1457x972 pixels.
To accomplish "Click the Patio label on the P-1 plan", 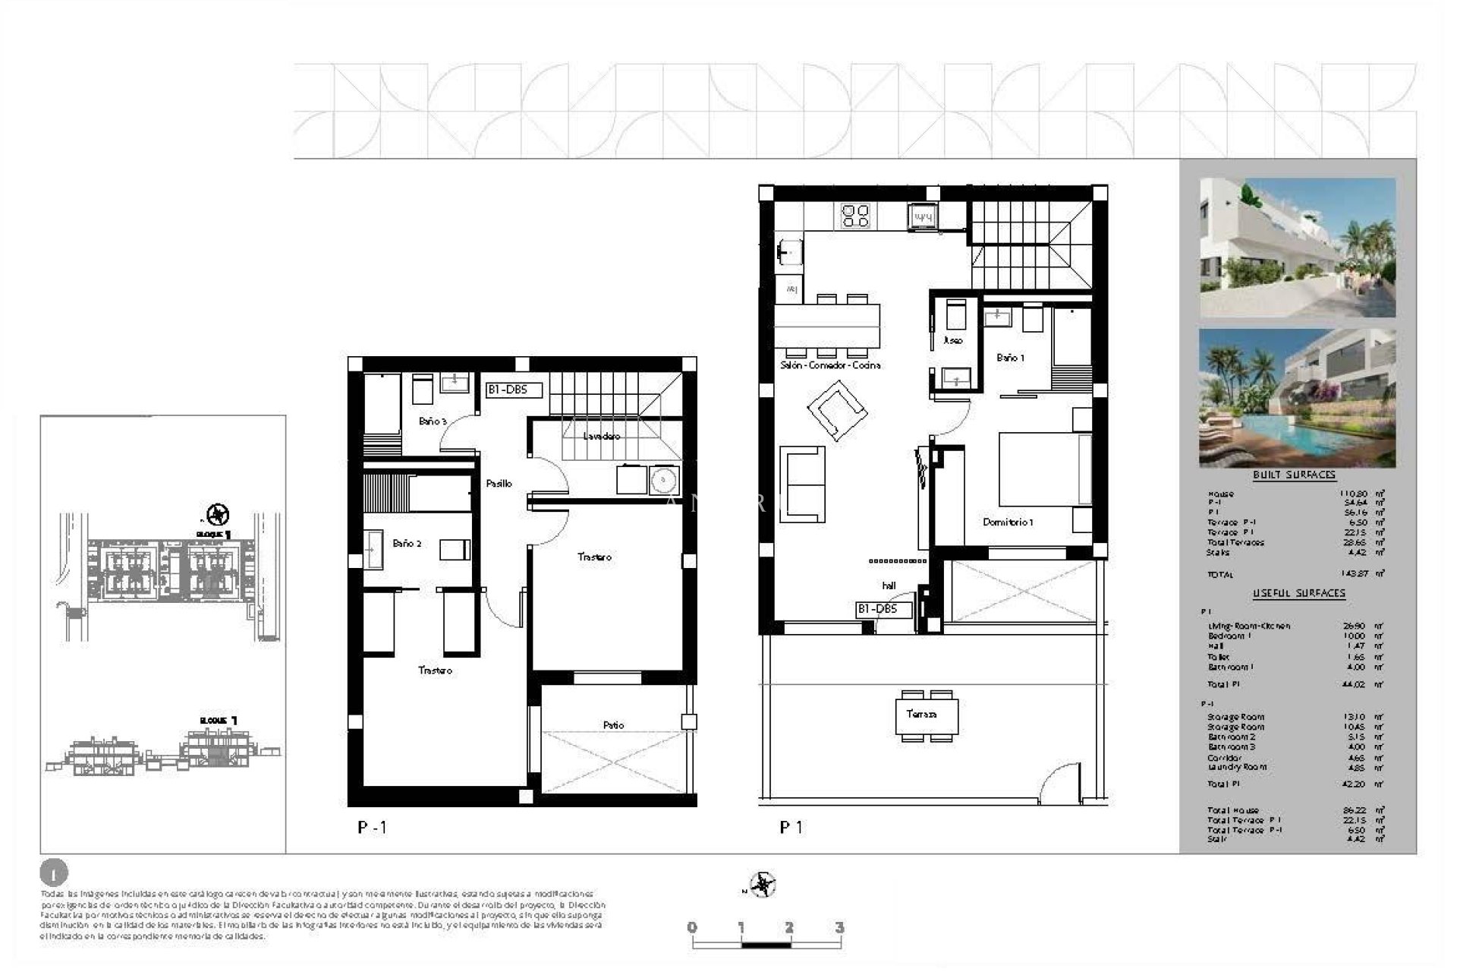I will click(613, 725).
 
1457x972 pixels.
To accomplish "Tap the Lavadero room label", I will click(601, 437).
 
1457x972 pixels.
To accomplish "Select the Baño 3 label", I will click(433, 421).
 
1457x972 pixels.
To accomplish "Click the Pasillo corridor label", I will click(499, 484).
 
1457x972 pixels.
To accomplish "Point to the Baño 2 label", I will click(407, 544).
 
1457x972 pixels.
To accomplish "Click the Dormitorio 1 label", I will click(1008, 522).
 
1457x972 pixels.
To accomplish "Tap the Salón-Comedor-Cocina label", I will click(830, 365).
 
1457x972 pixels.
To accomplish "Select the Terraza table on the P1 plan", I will click(926, 715).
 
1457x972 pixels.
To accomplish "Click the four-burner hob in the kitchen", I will click(856, 216).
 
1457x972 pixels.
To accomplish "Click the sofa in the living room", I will click(803, 484).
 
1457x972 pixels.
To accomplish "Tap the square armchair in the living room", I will click(837, 410).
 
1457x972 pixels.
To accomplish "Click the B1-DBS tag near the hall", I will click(883, 609).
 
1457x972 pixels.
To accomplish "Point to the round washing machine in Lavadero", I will click(663, 480).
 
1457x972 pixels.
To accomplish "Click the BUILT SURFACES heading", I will click(1294, 475).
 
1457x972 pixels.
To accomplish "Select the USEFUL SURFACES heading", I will click(1298, 593).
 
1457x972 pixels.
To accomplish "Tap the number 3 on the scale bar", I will click(839, 927).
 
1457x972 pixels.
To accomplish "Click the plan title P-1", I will click(372, 828).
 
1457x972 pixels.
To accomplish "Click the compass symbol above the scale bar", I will click(762, 885).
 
